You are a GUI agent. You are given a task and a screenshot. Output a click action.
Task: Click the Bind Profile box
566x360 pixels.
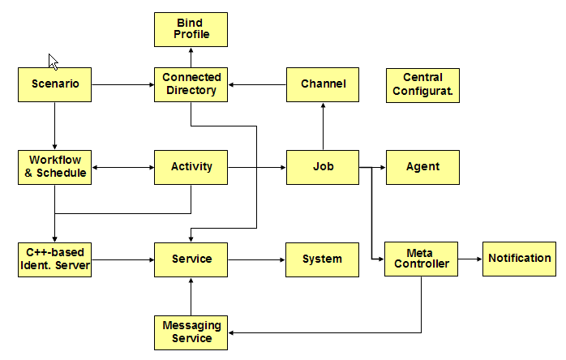[191, 28]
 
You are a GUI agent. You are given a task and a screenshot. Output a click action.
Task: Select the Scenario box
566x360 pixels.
[55, 84]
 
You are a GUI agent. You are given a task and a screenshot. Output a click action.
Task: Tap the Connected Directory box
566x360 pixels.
[191, 84]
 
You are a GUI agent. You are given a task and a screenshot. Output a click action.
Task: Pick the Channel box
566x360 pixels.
[323, 84]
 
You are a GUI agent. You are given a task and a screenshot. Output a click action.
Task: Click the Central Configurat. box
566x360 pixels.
[422, 84]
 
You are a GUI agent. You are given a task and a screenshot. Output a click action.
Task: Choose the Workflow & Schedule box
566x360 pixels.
[55, 167]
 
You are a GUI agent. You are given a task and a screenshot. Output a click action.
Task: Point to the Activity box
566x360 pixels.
[191, 167]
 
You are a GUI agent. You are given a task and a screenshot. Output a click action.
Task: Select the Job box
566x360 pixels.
[323, 167]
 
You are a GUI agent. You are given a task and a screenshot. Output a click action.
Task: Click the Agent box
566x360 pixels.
[422, 167]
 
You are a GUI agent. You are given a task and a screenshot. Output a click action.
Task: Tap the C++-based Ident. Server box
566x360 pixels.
[55, 259]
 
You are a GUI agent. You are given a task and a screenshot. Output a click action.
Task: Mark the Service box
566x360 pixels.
[191, 259]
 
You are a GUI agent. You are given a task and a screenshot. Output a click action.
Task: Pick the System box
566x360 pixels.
[322, 259]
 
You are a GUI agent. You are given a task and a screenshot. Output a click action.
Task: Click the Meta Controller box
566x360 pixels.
[421, 259]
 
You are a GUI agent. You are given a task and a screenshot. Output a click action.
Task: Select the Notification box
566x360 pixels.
[519, 259]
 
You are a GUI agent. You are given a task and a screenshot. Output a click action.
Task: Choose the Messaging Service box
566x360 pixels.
[191, 332]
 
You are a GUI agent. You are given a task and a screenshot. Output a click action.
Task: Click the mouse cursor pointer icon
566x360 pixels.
[53, 62]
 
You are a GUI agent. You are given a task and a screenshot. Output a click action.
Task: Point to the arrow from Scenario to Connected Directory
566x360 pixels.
[122, 84]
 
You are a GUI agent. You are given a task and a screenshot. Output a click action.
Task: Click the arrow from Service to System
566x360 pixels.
[256, 259]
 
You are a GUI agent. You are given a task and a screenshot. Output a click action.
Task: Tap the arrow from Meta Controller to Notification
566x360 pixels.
[470, 259]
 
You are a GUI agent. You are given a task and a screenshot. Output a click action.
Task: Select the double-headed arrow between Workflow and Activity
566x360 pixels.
[122, 168]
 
